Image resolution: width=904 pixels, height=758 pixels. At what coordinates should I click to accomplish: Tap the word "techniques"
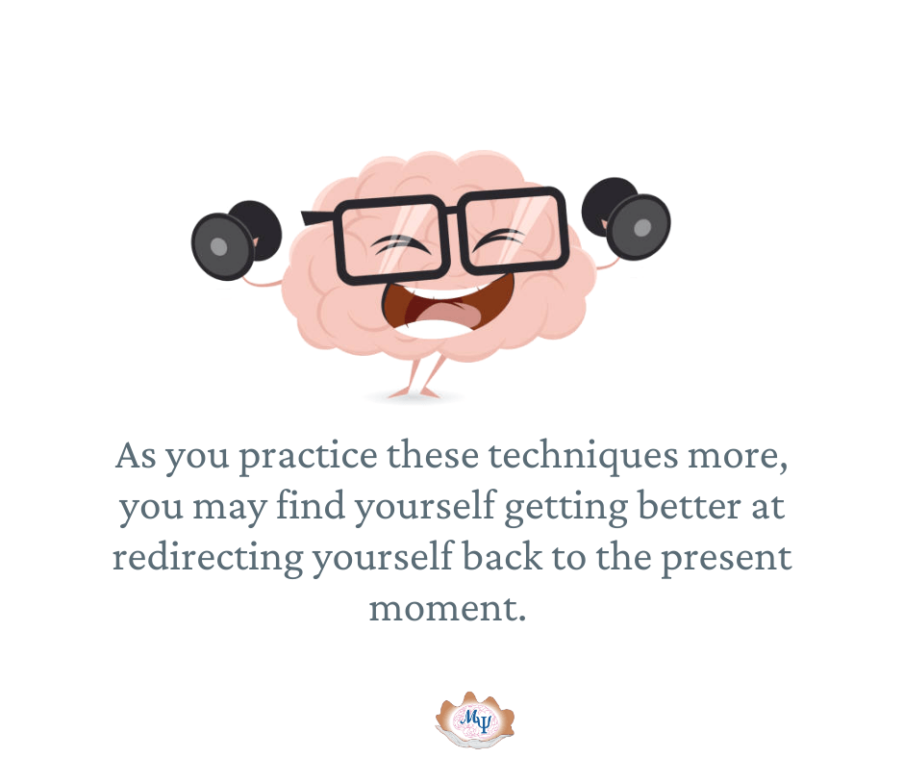tap(583, 457)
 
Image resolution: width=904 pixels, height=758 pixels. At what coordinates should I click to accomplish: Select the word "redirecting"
tap(208, 557)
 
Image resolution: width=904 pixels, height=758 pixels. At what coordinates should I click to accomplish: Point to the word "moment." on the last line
tap(447, 609)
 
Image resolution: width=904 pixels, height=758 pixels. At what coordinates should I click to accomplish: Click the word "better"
tap(690, 507)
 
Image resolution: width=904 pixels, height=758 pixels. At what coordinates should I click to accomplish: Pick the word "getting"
tap(566, 508)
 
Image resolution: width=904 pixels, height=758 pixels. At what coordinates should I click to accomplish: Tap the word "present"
tap(726, 559)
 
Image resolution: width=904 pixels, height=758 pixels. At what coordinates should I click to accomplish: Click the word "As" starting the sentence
tap(136, 456)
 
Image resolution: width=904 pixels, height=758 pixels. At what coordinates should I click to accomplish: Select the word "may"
tap(230, 508)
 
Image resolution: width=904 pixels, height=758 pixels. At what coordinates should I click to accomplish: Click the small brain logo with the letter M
tap(474, 720)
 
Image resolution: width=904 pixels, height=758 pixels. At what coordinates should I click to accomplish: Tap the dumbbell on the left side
tap(237, 240)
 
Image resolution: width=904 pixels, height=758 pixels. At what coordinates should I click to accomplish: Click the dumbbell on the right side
tap(626, 217)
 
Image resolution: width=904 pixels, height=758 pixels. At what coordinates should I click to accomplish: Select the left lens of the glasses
tap(390, 240)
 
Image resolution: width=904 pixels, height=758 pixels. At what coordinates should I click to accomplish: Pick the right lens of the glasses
tap(515, 230)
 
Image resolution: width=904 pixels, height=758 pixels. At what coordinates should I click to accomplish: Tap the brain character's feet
tap(414, 393)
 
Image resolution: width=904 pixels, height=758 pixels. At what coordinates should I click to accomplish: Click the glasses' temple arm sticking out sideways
tap(317, 218)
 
